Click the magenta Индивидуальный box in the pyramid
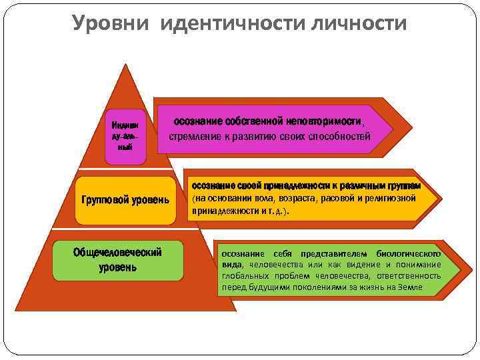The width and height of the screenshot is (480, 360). point(125,136)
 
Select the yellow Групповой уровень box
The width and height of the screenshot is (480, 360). point(125,200)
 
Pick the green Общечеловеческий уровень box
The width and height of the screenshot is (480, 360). point(118,260)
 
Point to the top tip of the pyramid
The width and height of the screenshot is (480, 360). point(125,65)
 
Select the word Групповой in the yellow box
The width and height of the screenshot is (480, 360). point(103,200)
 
